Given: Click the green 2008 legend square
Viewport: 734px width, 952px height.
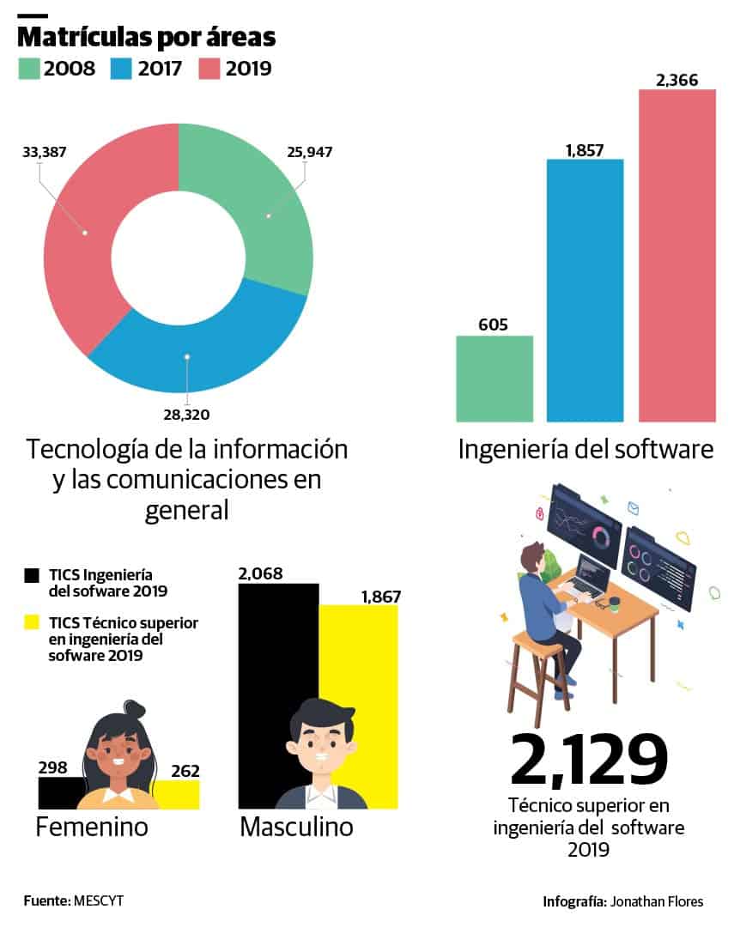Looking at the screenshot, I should (28, 69).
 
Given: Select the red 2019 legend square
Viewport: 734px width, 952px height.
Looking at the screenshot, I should (209, 69).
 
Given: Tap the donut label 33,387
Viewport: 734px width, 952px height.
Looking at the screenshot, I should (44, 152).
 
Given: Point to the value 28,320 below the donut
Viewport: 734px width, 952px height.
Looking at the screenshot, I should (186, 415).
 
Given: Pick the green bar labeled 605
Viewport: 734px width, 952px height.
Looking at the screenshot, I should (494, 379).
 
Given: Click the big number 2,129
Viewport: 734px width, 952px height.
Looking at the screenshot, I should (589, 761).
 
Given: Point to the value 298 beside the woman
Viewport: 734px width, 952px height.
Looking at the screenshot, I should (52, 767).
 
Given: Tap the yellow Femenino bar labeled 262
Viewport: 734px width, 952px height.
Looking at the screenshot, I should (177, 794).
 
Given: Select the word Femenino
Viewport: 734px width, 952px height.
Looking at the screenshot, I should (91, 828).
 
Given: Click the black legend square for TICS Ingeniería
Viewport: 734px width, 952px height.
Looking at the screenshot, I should (33, 574).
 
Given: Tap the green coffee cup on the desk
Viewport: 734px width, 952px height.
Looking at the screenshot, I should (615, 606).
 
